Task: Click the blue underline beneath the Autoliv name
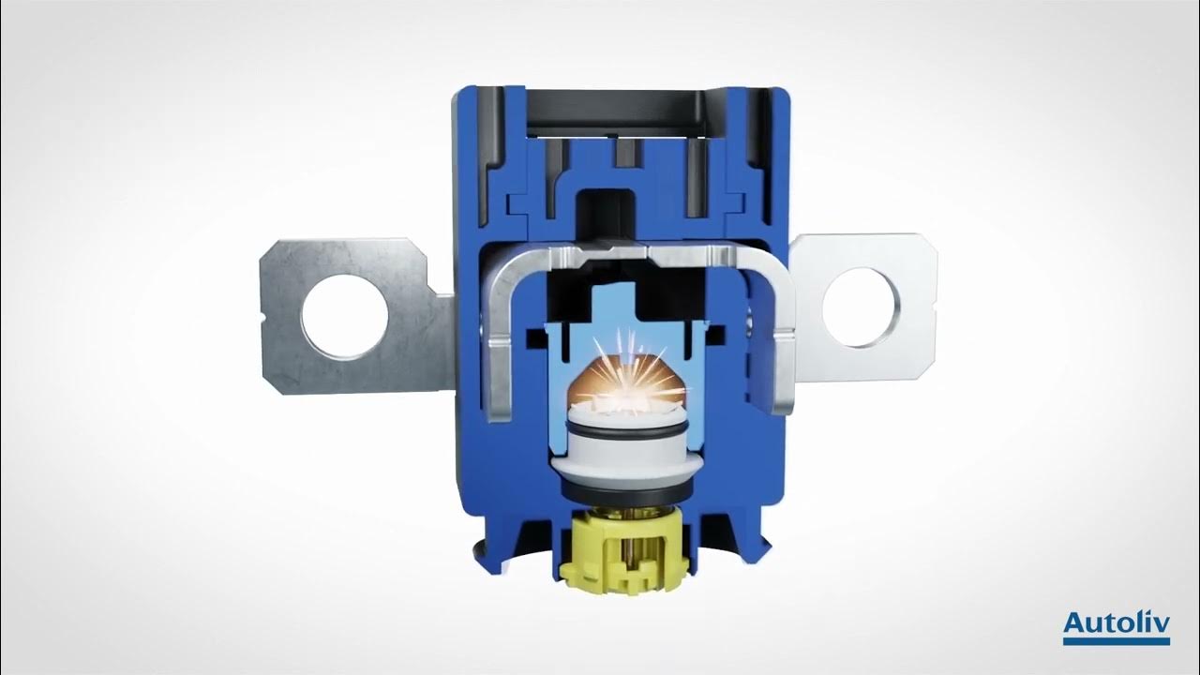click(x=1116, y=642)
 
